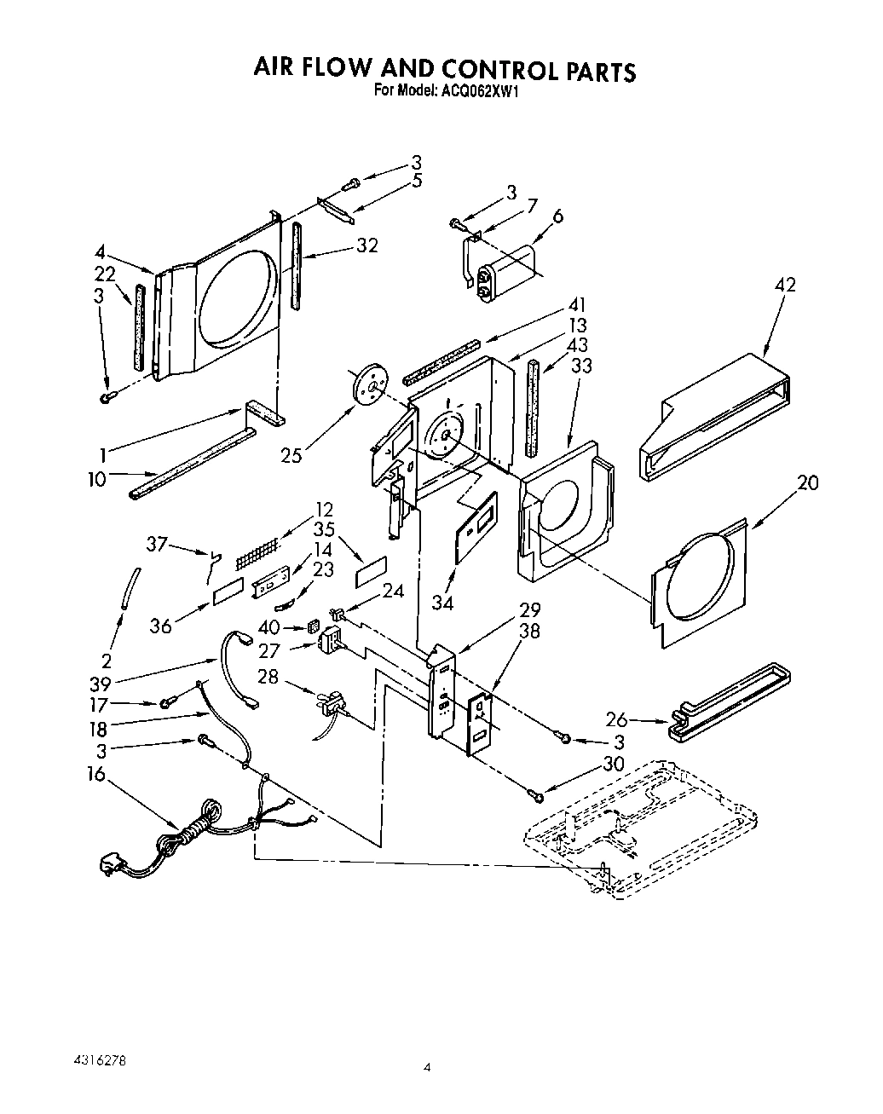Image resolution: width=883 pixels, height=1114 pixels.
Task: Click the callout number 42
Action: (785, 284)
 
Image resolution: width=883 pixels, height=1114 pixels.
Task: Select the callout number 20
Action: (807, 482)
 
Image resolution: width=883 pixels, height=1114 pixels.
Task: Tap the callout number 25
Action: (291, 456)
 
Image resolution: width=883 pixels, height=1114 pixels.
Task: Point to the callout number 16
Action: (96, 774)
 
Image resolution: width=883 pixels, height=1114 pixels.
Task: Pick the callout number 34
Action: (442, 603)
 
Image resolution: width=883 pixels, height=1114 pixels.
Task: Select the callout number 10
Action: (96, 479)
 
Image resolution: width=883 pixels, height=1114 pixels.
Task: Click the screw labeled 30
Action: (534, 794)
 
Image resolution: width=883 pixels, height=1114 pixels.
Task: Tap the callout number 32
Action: (367, 245)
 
